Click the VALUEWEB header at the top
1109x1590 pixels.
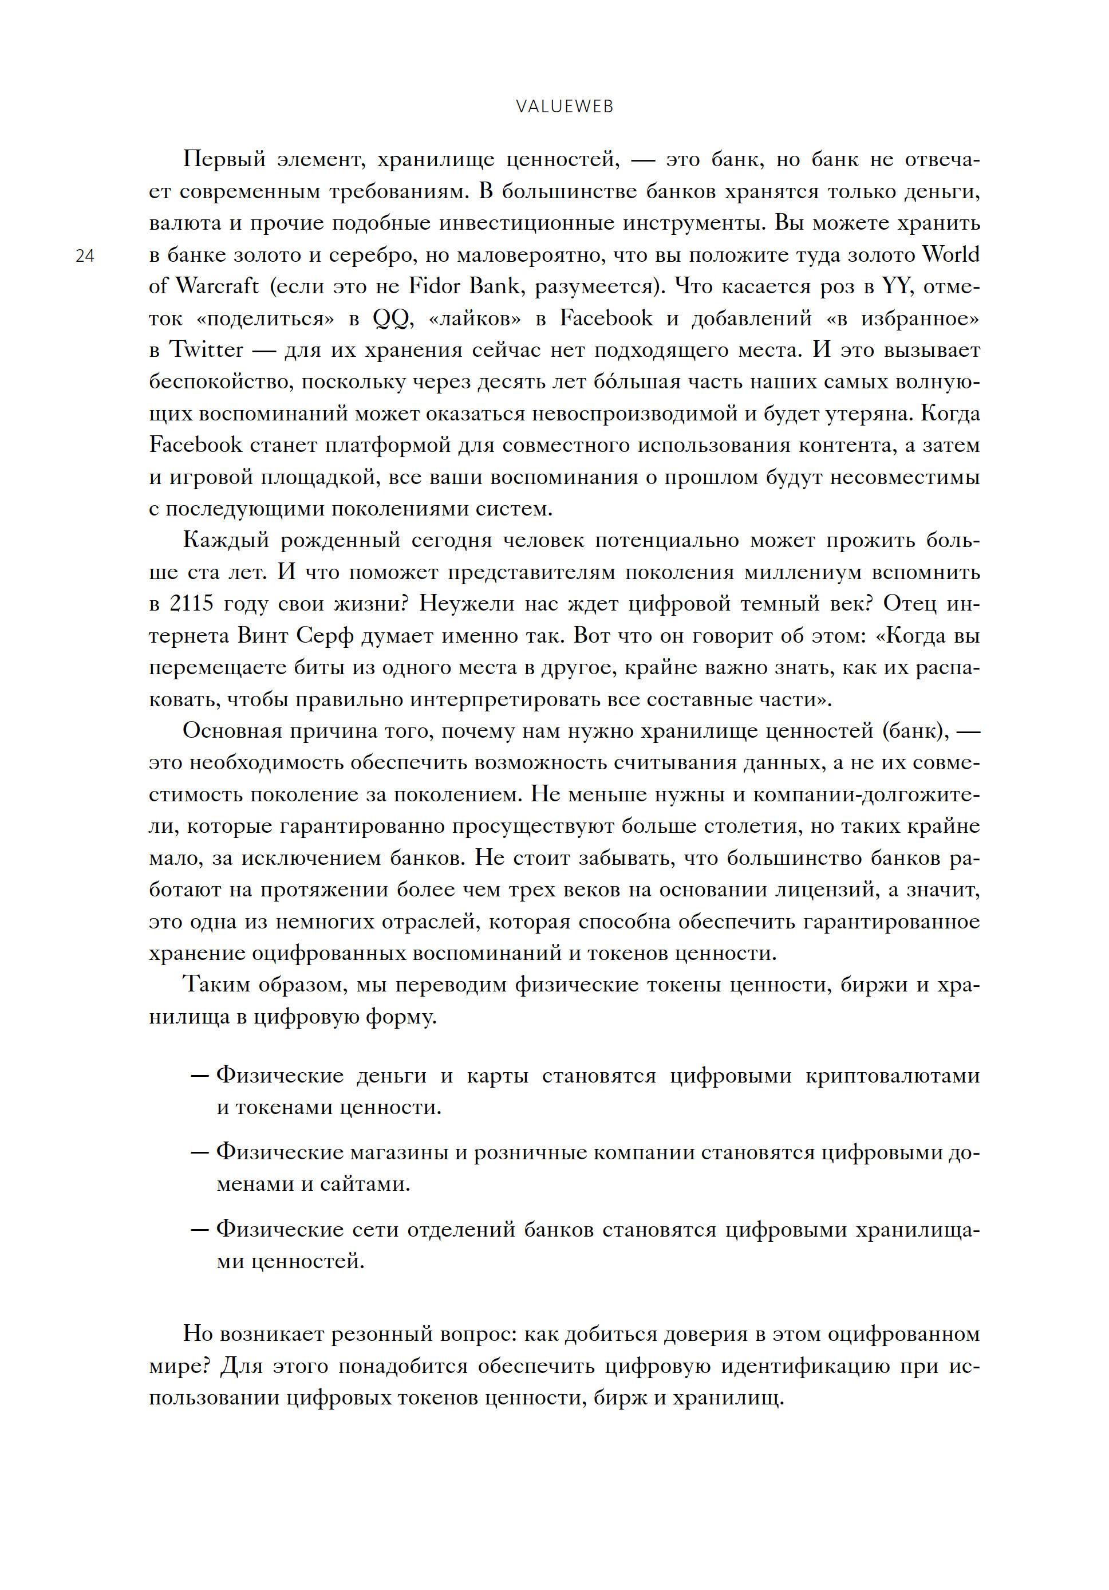[x=564, y=107]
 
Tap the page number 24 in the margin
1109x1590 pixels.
[x=85, y=256]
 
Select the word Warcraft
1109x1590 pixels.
[x=216, y=286]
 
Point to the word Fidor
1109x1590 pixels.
[x=435, y=286]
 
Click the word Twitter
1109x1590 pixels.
[x=206, y=350]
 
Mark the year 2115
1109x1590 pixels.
[x=192, y=603]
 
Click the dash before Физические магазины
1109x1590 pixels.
[x=199, y=1152]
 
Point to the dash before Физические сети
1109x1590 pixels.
[x=199, y=1230]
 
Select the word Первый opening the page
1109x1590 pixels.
[x=224, y=159]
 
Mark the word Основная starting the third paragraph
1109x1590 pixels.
[x=232, y=731]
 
